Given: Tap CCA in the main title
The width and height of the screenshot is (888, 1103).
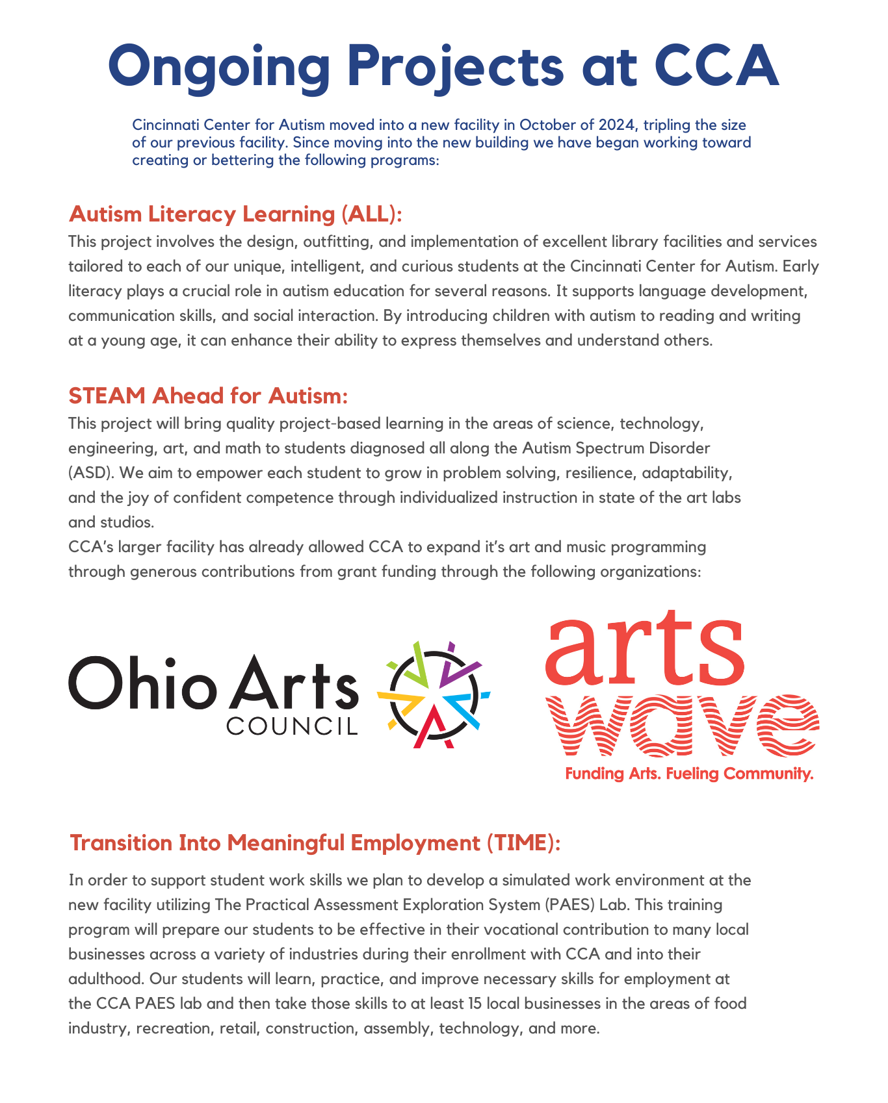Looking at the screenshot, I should point(716,66).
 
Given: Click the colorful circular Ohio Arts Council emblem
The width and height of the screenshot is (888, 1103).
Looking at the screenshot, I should point(434,695).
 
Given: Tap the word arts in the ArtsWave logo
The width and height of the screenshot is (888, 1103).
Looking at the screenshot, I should point(644,650).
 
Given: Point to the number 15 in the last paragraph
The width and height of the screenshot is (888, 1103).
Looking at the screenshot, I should point(475,1004).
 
